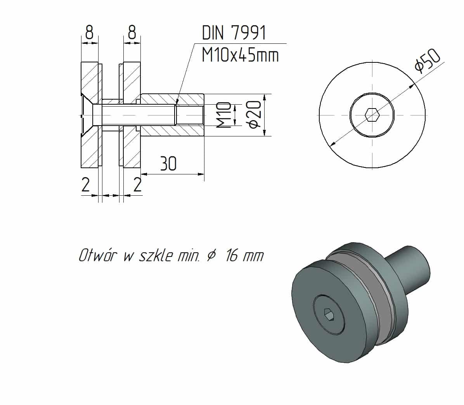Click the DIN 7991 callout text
click(234, 33)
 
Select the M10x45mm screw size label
click(240, 55)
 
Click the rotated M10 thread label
click(224, 115)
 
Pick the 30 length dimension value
click(168, 164)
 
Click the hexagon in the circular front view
click(372, 115)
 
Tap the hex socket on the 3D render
click(329, 315)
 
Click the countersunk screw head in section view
click(88, 115)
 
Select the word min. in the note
click(189, 256)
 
